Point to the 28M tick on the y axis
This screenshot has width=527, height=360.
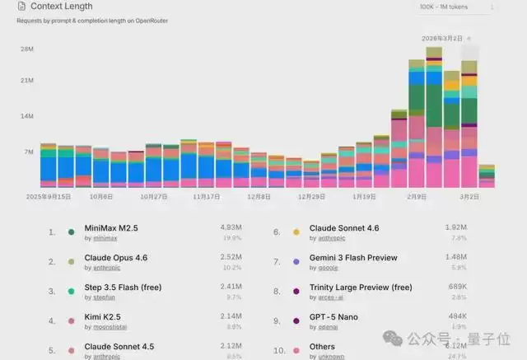(26, 49)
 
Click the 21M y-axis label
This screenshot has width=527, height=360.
(26, 81)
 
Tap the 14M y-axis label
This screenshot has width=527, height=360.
(26, 116)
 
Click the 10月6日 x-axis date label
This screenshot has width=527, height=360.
(101, 197)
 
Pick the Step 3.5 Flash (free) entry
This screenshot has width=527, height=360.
(123, 288)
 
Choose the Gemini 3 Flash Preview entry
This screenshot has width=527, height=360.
(352, 258)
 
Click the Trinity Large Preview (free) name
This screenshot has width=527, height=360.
(360, 288)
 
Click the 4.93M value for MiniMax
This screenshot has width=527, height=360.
(231, 227)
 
